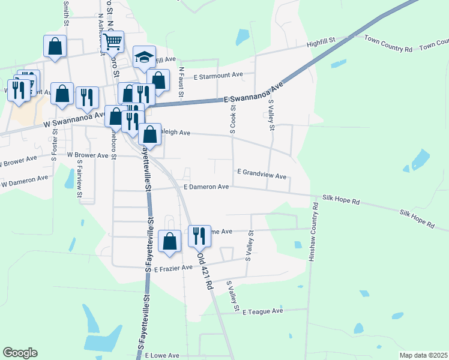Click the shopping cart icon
(x=112, y=42)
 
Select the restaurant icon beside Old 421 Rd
(x=199, y=235)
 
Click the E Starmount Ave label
(x=218, y=76)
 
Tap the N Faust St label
(x=181, y=82)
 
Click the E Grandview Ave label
(x=261, y=172)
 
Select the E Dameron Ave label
(x=206, y=187)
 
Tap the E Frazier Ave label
(x=173, y=269)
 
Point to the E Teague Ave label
(x=262, y=311)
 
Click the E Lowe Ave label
(x=162, y=355)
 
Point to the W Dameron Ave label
(x=25, y=181)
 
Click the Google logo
(x=20, y=353)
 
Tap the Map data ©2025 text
(x=423, y=355)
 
